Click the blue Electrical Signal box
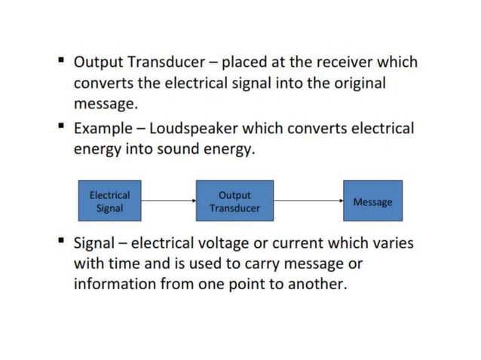pos(109,200)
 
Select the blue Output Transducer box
pos(234,200)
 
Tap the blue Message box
pos(372,200)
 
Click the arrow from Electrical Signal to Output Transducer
pos(168,200)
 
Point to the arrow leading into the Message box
pos(308,200)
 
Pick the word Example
pos(102,129)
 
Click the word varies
pos(393,244)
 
